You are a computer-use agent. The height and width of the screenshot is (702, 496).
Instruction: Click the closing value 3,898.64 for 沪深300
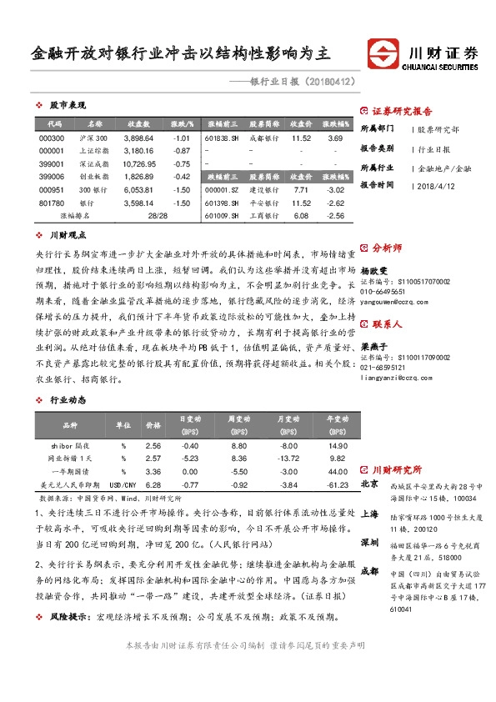tap(138, 138)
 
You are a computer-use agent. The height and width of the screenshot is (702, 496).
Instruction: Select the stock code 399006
tap(51, 177)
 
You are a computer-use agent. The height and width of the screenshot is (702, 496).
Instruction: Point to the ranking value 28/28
tap(156, 216)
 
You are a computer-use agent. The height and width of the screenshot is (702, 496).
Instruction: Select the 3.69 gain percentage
tap(335, 138)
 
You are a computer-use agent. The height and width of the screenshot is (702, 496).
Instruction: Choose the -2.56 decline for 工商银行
tap(335, 216)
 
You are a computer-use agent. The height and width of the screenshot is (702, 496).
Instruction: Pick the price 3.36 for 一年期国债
tap(153, 471)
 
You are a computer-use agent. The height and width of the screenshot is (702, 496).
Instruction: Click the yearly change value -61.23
tap(337, 484)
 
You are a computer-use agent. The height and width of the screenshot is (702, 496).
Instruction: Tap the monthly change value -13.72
tap(288, 459)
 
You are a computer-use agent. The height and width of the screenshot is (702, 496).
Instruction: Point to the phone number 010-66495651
tap(383, 293)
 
